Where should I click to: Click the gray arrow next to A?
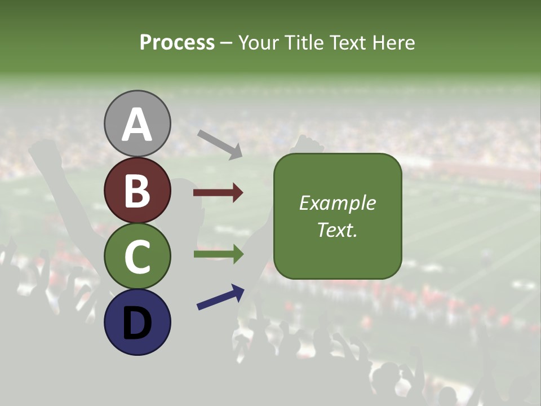pyautogui.click(x=220, y=144)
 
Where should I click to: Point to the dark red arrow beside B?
pyautogui.click(x=218, y=193)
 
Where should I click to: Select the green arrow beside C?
pyautogui.click(x=218, y=254)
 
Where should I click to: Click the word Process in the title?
pyautogui.click(x=177, y=43)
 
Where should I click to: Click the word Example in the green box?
pyautogui.click(x=338, y=203)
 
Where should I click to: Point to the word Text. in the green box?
pyautogui.click(x=338, y=230)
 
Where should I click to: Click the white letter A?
pyautogui.click(x=137, y=125)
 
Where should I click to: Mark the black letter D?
pyautogui.click(x=137, y=323)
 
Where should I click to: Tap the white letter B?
pyautogui.click(x=137, y=191)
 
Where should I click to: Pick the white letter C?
pyautogui.click(x=137, y=257)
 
